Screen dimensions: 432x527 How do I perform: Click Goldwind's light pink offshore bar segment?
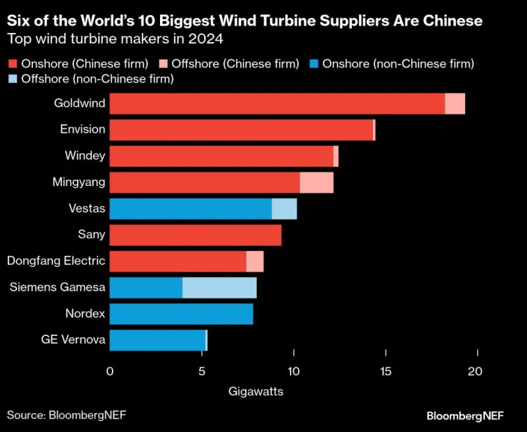(x=455, y=104)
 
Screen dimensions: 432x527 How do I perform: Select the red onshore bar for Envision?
(x=241, y=130)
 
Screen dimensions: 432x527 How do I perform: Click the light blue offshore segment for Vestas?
(x=285, y=209)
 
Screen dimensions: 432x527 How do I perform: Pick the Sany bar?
(x=195, y=235)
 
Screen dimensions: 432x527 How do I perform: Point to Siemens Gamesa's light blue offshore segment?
(x=219, y=287)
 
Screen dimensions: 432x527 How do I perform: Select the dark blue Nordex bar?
(x=181, y=314)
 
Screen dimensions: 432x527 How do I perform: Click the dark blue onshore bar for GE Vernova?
(x=157, y=340)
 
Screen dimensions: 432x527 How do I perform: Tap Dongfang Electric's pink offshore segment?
(x=255, y=261)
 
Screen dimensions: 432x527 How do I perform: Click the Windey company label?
(x=86, y=156)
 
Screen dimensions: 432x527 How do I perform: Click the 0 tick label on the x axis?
(x=110, y=372)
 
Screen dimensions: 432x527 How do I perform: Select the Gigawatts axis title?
(x=256, y=392)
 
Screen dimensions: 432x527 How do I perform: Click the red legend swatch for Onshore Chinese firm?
(x=12, y=64)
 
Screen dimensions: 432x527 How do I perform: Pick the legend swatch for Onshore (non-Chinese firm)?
(x=314, y=64)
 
